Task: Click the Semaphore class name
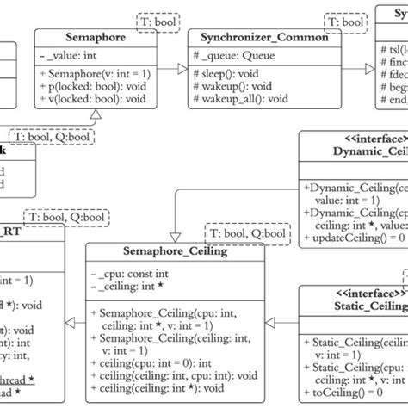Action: [x=96, y=39]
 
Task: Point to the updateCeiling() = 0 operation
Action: [x=349, y=237]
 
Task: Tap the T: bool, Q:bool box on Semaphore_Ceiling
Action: [x=245, y=233]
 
